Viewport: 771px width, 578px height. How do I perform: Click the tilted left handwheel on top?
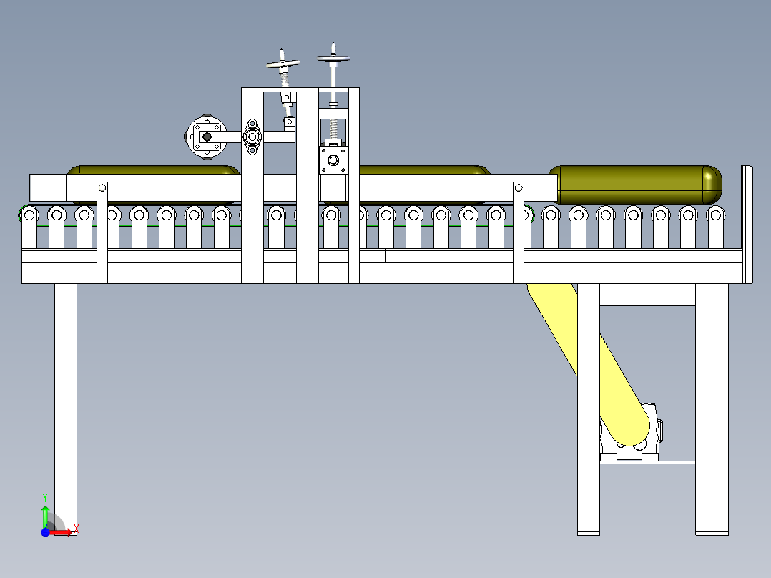tap(283, 64)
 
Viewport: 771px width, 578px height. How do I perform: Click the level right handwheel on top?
tap(333, 58)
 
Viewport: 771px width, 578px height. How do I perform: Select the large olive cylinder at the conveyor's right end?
tap(635, 185)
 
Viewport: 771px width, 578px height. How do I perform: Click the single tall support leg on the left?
tap(65, 409)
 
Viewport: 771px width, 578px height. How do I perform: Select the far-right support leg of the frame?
tap(712, 409)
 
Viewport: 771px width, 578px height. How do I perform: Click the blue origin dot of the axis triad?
tap(45, 532)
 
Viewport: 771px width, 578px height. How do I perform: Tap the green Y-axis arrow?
tap(45, 516)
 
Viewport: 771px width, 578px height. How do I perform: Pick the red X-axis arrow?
tap(61, 532)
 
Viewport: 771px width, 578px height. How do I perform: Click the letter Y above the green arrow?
tap(45, 498)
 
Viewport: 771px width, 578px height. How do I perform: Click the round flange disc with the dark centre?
tap(207, 137)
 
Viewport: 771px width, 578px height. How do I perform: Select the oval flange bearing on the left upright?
tap(252, 137)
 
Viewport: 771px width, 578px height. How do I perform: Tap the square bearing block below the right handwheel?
tap(333, 160)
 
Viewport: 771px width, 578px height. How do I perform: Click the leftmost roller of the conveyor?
tap(29, 215)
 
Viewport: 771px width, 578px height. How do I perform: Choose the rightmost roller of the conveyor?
tap(715, 215)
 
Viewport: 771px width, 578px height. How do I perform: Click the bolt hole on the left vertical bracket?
tap(102, 187)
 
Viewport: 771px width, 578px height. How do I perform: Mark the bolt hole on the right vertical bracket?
tap(519, 187)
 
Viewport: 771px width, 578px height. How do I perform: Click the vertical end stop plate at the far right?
tap(747, 225)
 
